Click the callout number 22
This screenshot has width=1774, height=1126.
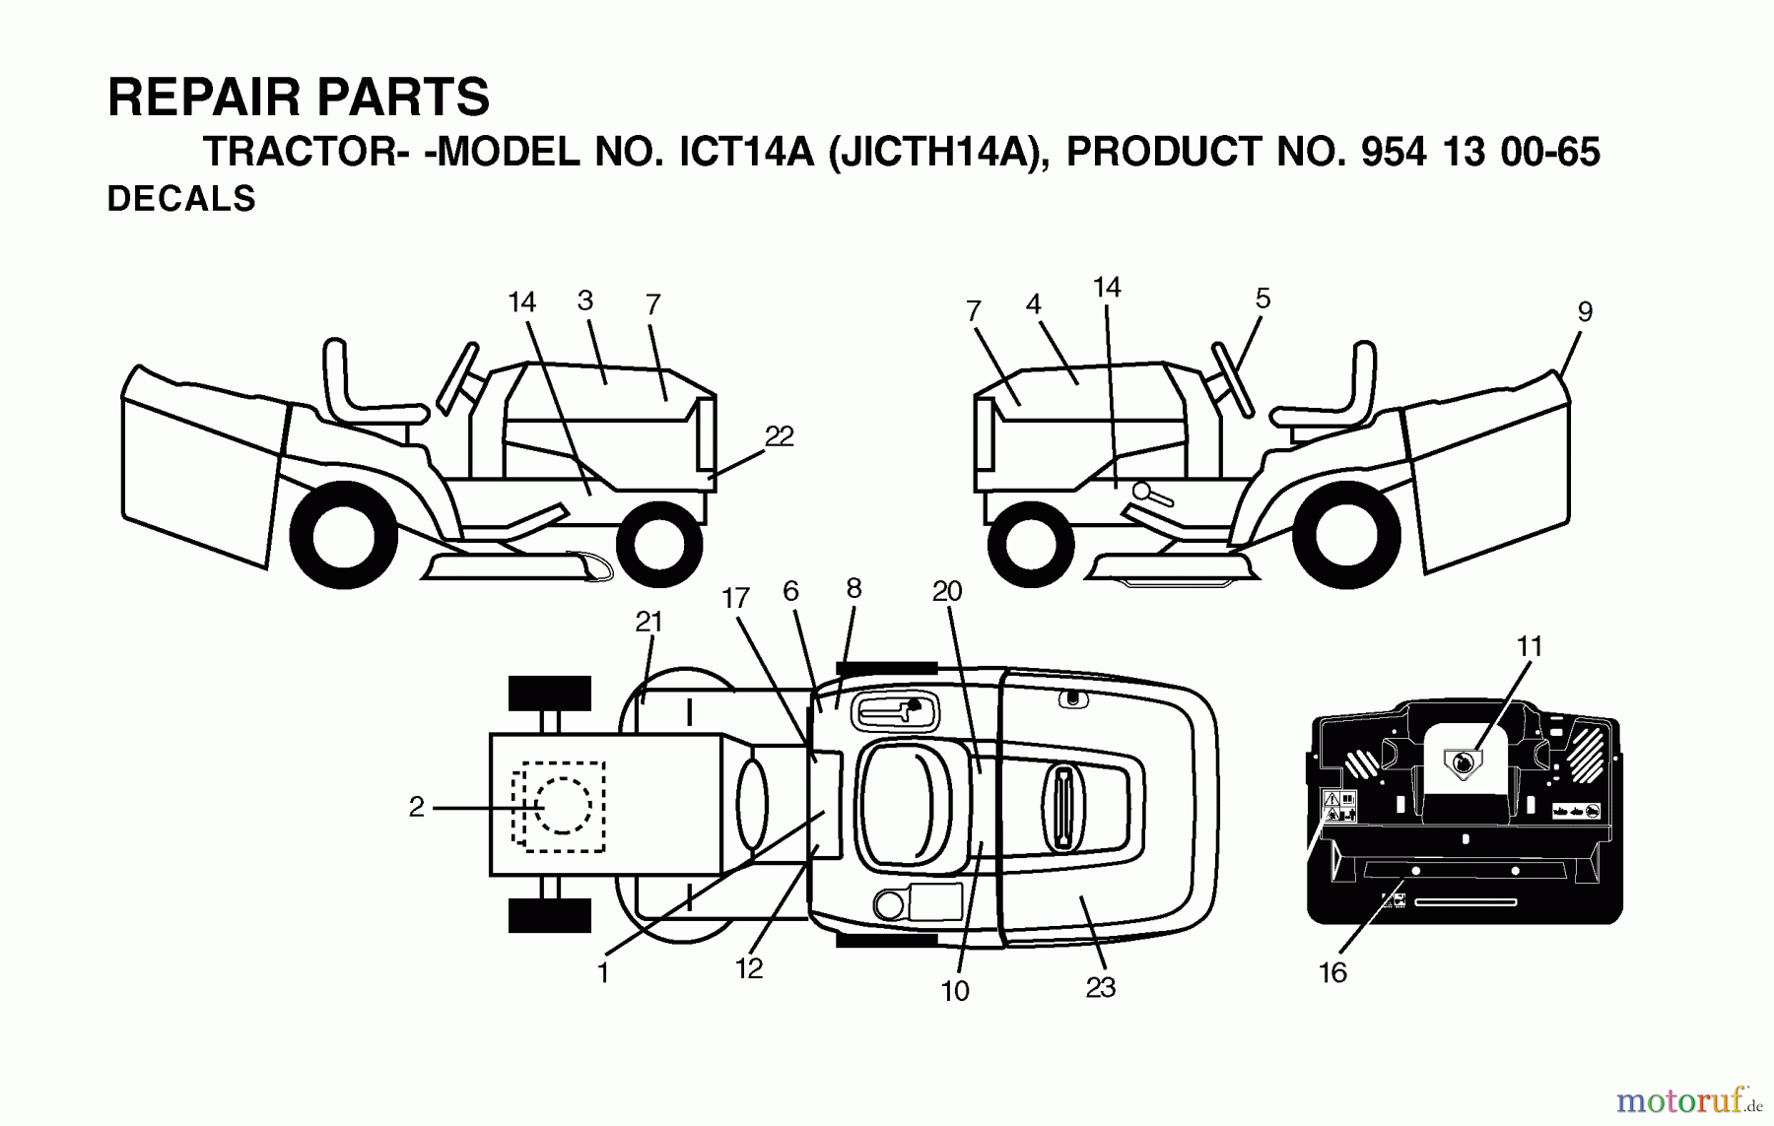pyautogui.click(x=779, y=436)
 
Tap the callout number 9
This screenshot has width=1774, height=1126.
pyautogui.click(x=1585, y=312)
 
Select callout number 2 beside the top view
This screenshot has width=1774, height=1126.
pyautogui.click(x=417, y=808)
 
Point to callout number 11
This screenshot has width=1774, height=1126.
pyautogui.click(x=1529, y=647)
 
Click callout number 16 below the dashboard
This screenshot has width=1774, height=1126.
pyautogui.click(x=1332, y=973)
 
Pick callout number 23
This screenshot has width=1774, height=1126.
pyautogui.click(x=1100, y=988)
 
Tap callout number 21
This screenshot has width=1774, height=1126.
pyautogui.click(x=648, y=623)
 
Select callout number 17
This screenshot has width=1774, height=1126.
pyautogui.click(x=735, y=599)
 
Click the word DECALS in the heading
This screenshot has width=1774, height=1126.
pyautogui.click(x=181, y=199)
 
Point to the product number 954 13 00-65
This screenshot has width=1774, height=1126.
pyautogui.click(x=1479, y=153)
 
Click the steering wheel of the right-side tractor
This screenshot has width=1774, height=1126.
pyautogui.click(x=1233, y=378)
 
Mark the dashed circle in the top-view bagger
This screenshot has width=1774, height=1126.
pyautogui.click(x=561, y=807)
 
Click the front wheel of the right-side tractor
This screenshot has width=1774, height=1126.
pyautogui.click(x=1030, y=544)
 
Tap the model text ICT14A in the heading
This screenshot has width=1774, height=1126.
pyautogui.click(x=746, y=153)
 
